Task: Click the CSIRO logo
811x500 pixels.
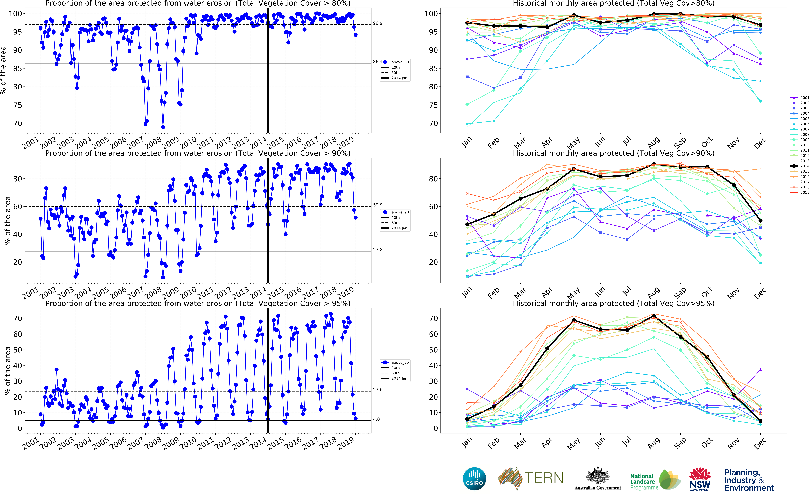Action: click(x=474, y=479)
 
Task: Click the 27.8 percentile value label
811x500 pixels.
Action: click(x=378, y=250)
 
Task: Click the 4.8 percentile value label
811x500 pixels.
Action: click(x=376, y=419)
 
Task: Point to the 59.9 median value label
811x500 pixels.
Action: click(x=378, y=205)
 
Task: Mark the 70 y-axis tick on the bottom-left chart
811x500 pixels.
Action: click(x=17, y=318)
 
